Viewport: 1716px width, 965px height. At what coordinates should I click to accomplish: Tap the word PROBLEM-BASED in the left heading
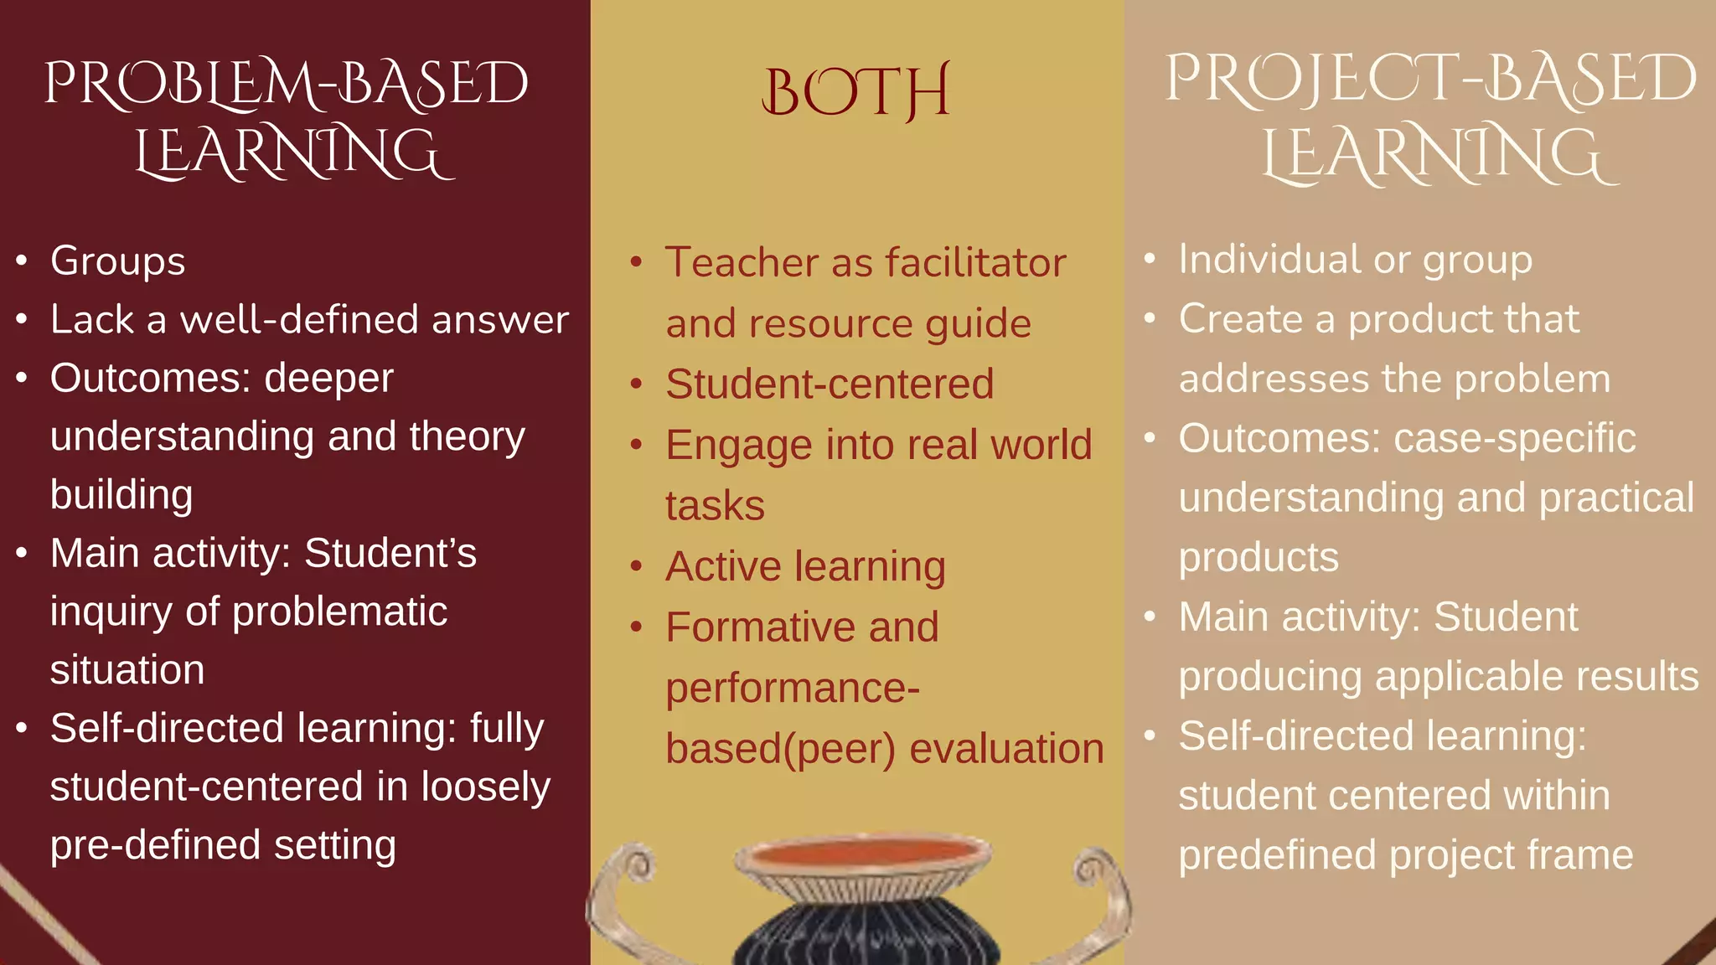point(287,84)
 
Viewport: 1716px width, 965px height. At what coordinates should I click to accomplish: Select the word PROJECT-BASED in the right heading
point(1430,79)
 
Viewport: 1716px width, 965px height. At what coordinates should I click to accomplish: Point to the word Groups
point(117,261)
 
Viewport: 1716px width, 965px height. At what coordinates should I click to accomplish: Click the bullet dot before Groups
point(22,261)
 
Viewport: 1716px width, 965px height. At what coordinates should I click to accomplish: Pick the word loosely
point(485,787)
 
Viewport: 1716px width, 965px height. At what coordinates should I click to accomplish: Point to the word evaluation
point(1006,749)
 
